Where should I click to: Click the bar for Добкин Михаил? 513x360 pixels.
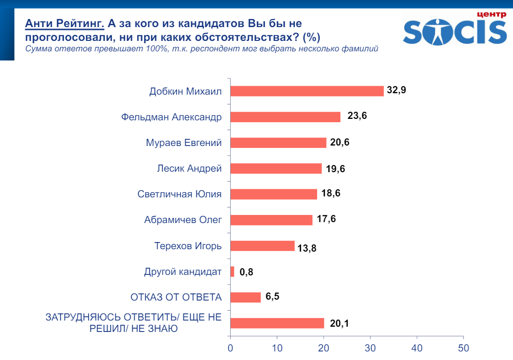[x=307, y=91]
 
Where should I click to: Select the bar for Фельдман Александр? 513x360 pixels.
[x=285, y=117]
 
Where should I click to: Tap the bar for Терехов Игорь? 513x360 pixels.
[x=262, y=246]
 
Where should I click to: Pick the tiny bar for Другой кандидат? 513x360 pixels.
[x=232, y=272]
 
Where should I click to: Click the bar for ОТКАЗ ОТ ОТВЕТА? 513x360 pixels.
[x=245, y=297]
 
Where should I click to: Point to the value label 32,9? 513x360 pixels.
[x=396, y=90]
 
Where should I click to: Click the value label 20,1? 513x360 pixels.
[x=339, y=323]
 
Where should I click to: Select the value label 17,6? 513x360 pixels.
[x=326, y=219]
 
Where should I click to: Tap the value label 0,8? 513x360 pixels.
[x=246, y=272]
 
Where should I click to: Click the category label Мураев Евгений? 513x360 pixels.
[x=184, y=142]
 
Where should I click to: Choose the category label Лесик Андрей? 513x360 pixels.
[x=189, y=168]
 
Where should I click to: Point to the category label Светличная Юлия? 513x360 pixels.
[x=179, y=194]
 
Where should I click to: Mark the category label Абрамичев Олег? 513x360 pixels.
[x=183, y=220]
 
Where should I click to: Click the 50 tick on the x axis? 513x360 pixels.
[x=463, y=348]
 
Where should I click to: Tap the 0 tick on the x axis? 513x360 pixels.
[x=231, y=348]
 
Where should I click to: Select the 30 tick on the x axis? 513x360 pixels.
[x=370, y=348]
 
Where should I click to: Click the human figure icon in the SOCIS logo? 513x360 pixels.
[x=436, y=31]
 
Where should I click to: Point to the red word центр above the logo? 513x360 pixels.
[x=491, y=14]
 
